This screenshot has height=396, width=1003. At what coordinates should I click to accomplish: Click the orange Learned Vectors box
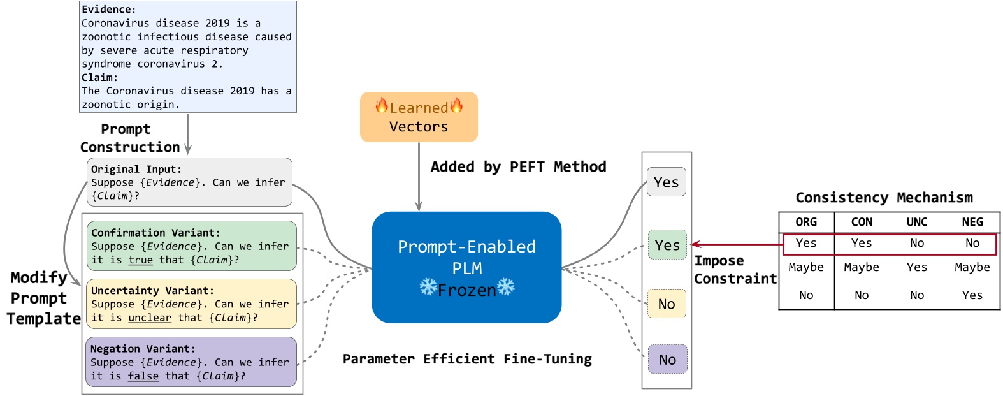[x=419, y=117]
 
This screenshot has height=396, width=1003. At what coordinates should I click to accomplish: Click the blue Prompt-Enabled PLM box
[x=466, y=267]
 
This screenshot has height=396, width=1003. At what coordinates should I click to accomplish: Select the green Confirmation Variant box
[x=191, y=246]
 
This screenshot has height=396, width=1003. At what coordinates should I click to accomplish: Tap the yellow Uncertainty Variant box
[x=191, y=304]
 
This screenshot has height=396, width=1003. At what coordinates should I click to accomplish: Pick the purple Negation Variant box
[x=191, y=362]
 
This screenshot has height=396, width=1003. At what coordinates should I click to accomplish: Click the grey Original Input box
[x=189, y=182]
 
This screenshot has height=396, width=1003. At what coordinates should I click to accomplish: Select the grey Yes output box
[x=667, y=182]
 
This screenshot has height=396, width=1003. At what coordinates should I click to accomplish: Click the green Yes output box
[x=667, y=245]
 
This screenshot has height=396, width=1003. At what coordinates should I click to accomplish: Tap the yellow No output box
[x=667, y=304]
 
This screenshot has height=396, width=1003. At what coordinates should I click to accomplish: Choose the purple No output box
[x=667, y=359]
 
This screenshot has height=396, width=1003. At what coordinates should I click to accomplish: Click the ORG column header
[x=806, y=222]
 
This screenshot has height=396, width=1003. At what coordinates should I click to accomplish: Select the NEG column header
[x=972, y=222]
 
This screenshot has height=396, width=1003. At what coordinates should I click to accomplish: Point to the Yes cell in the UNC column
[x=917, y=267]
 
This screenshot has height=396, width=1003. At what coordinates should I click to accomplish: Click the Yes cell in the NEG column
[x=972, y=295]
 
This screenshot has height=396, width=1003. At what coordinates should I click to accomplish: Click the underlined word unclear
[x=150, y=318]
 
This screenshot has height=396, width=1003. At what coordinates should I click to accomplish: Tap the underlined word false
[x=143, y=376]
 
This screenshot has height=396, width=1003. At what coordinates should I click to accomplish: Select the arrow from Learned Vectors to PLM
[x=419, y=176]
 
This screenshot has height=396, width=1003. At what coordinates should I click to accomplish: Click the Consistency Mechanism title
[x=884, y=198]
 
